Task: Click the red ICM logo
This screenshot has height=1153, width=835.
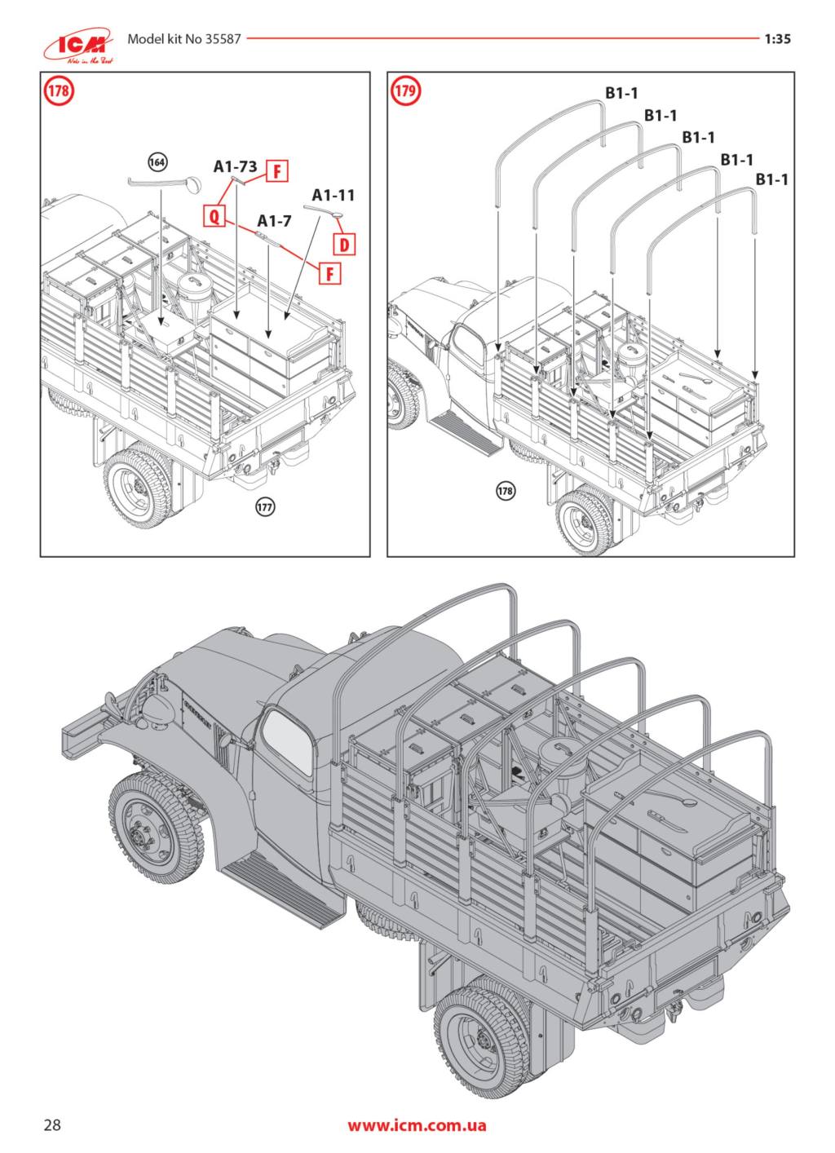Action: point(80,46)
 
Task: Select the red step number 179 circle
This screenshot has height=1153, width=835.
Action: point(405,91)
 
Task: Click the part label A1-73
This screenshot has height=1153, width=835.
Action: point(236,166)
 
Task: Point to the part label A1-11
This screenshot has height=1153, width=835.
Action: point(334,195)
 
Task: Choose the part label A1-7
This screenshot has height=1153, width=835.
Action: point(274,221)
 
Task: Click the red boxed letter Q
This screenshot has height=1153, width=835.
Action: point(214,215)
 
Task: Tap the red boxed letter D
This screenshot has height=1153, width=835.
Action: point(345,243)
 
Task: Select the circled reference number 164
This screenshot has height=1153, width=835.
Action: point(157,162)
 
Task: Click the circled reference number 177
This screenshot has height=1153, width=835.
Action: point(265,506)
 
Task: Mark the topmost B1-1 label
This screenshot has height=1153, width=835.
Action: point(621,94)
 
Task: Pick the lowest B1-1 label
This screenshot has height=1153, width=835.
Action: point(771,179)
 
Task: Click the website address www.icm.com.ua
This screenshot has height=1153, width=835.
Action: point(417,1125)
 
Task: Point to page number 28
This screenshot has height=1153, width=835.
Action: point(52,1125)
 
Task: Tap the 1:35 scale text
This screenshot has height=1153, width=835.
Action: point(778,38)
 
